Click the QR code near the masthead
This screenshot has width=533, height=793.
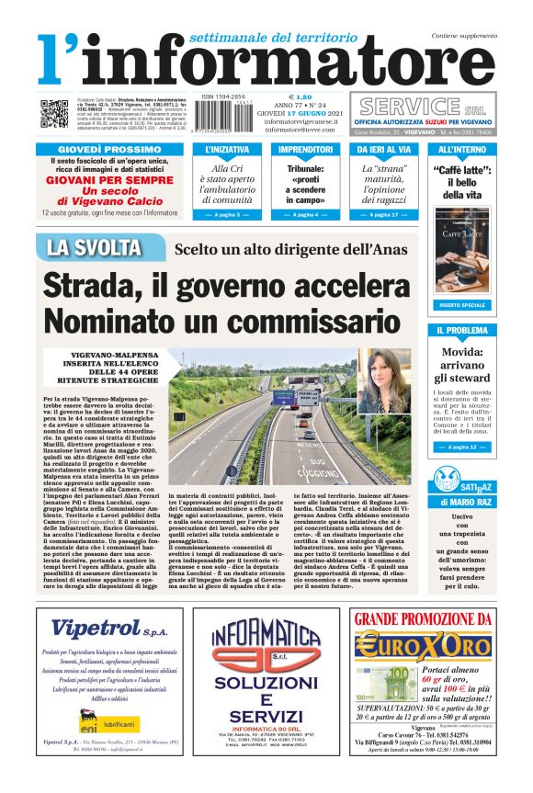54,113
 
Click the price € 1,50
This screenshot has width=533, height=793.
301,97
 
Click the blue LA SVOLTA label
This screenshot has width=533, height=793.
94,248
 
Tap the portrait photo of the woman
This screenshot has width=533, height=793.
384,380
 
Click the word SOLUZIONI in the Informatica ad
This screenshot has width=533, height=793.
266,686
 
